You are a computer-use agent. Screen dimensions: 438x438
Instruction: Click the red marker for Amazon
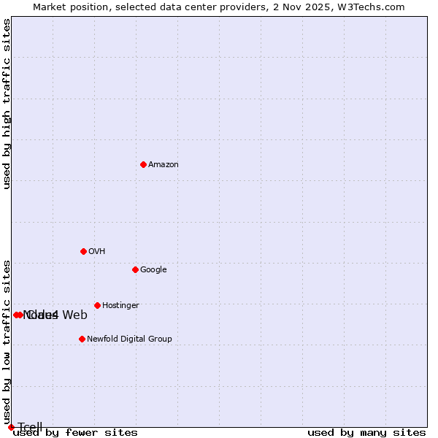(143, 164)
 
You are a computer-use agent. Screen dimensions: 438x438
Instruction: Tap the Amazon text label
(164, 165)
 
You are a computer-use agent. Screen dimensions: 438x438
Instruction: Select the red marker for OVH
(83, 251)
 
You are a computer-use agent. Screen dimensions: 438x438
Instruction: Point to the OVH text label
(97, 252)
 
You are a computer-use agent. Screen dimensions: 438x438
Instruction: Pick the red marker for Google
(135, 269)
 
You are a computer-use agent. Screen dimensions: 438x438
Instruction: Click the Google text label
(153, 270)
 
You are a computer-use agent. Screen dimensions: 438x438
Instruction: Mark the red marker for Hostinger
(97, 305)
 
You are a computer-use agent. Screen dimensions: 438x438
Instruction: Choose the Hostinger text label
(120, 306)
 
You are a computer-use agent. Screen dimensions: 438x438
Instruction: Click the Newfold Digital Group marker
(82, 339)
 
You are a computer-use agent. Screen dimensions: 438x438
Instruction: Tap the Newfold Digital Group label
(129, 339)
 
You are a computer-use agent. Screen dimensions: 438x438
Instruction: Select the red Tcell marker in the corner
(11, 427)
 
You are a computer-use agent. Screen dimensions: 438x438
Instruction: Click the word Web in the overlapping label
(74, 315)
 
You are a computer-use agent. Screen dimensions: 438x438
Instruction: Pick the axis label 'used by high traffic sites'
(7, 104)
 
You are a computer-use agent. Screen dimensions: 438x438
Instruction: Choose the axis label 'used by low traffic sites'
(7, 342)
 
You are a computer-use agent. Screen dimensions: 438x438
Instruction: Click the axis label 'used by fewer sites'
(75, 433)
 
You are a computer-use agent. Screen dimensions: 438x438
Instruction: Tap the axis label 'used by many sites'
(366, 433)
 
